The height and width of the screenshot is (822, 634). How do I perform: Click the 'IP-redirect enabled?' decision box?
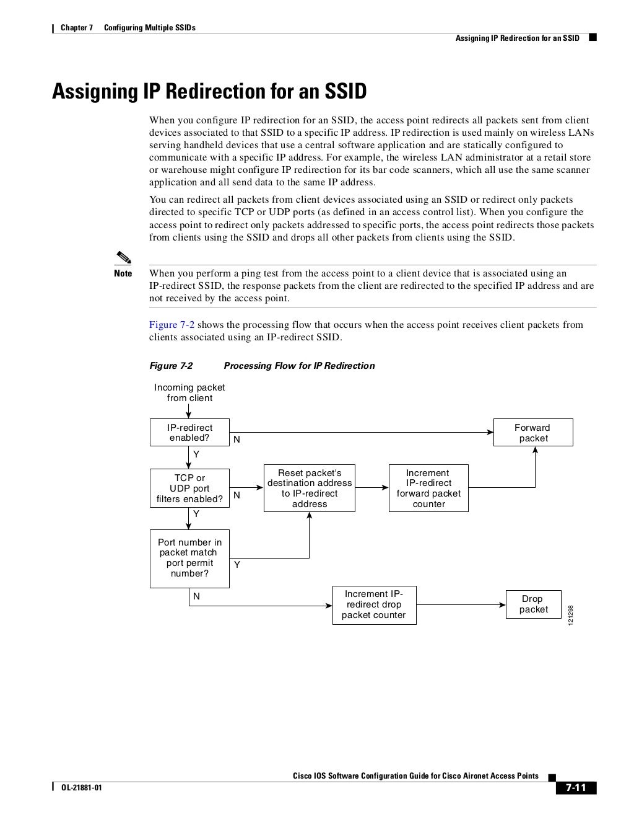point(189,433)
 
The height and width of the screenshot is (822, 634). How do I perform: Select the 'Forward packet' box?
point(532,433)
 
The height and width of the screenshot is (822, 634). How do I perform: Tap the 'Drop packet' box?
point(533,604)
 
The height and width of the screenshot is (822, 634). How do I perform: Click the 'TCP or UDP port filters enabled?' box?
point(189,488)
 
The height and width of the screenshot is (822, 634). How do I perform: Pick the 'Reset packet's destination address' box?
point(309,488)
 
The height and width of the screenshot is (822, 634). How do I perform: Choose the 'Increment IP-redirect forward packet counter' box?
point(428,488)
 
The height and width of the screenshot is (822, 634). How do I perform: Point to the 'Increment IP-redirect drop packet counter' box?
point(374,604)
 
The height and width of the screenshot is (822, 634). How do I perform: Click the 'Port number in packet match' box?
point(189,558)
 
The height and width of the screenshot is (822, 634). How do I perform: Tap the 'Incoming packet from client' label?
point(189,392)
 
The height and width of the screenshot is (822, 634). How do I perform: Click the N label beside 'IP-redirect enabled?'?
point(237,440)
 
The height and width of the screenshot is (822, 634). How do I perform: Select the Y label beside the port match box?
point(237,565)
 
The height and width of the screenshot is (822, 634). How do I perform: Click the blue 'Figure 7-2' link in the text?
point(172,325)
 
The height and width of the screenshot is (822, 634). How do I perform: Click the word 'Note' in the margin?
point(123,273)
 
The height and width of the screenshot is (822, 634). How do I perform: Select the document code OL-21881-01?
point(81,789)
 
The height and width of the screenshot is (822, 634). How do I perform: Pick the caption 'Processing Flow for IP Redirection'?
point(299,366)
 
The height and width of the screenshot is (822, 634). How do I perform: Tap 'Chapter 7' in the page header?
point(76,28)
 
